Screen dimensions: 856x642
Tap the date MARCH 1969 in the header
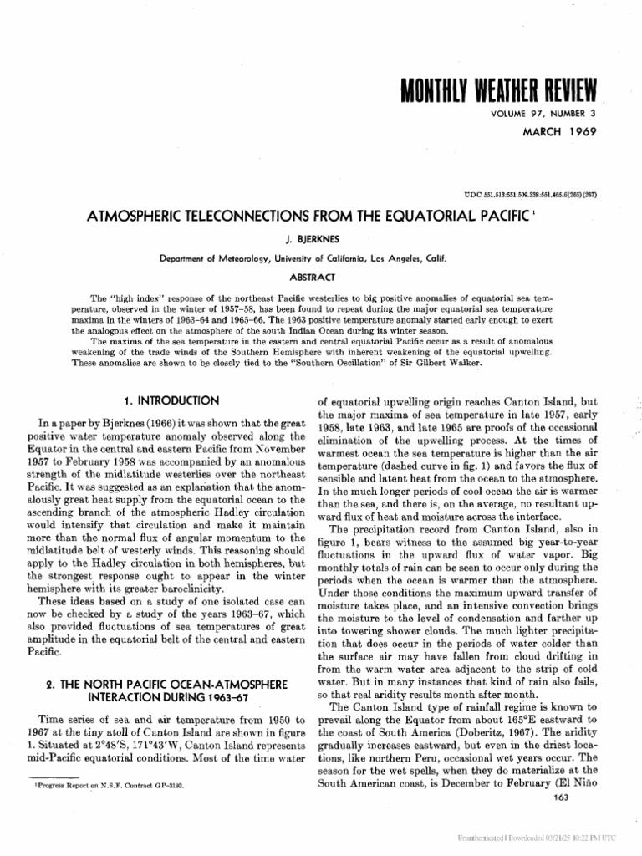(562, 132)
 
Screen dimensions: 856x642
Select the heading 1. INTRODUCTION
(169, 400)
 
